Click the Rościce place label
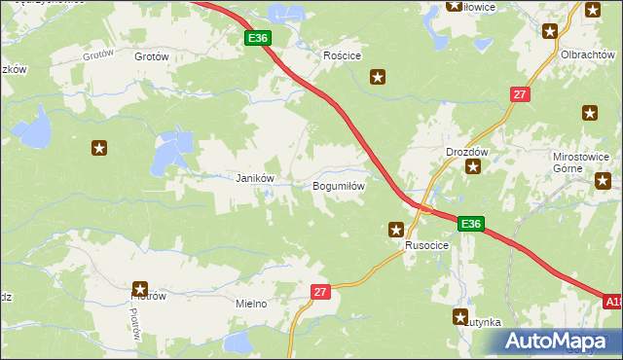click(343, 56)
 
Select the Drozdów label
click(465, 153)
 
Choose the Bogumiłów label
click(338, 185)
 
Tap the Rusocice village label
click(427, 246)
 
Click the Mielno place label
click(251, 304)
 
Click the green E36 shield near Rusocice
click(471, 224)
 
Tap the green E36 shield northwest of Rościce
click(257, 37)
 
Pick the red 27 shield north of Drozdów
click(520, 93)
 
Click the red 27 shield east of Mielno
click(322, 291)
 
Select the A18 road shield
click(612, 303)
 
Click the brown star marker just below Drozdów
click(473, 167)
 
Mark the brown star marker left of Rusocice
click(396, 230)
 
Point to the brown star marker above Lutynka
click(460, 316)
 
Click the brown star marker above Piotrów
click(139, 289)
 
